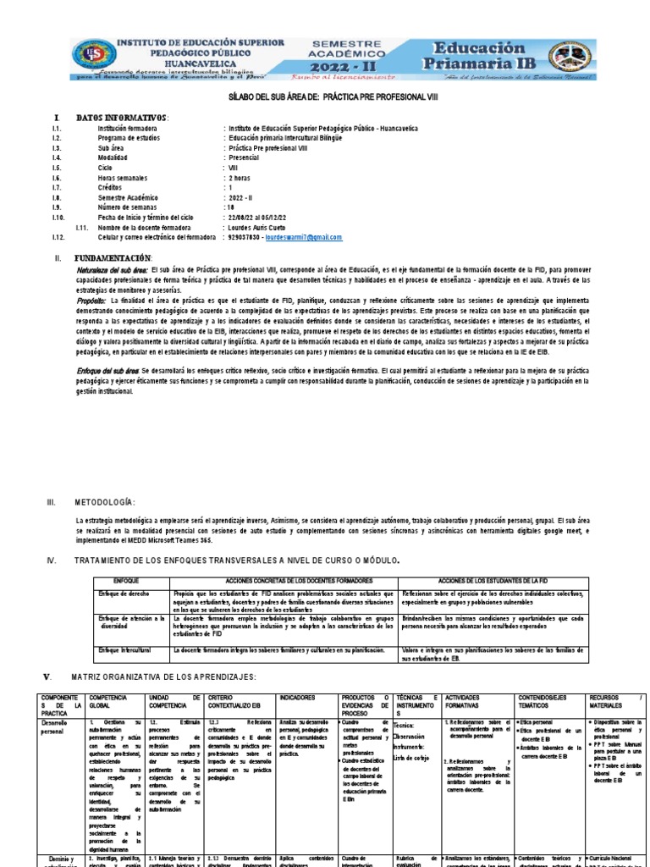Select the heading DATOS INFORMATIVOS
[123, 117]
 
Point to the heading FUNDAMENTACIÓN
[114, 257]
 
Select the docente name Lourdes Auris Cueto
[260, 229]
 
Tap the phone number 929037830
[245, 239]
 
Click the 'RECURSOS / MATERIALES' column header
[616, 702]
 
